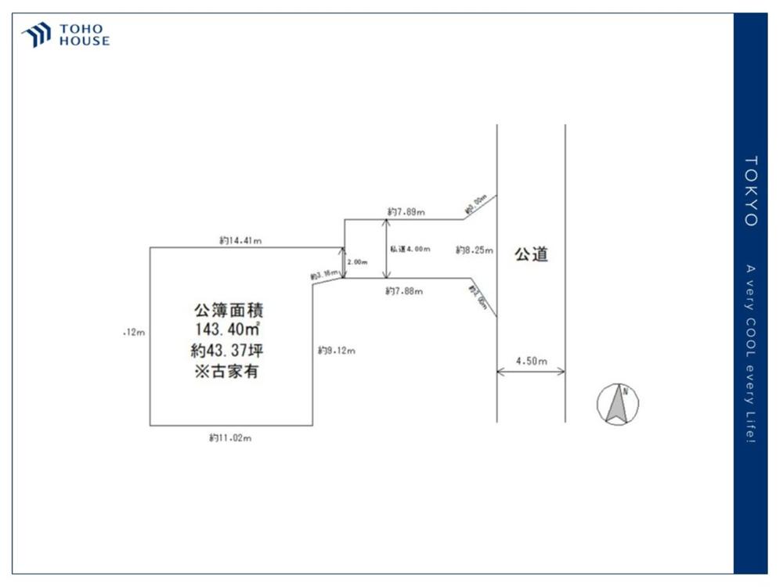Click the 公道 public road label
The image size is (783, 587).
click(x=531, y=254)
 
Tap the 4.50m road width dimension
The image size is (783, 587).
click(x=531, y=361)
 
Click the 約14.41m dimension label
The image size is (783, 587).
click(x=240, y=241)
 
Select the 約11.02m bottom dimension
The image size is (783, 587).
click(x=230, y=438)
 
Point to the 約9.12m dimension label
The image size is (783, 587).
click(x=337, y=351)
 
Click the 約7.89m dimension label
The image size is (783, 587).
click(x=406, y=211)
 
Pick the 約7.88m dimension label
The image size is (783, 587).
click(x=404, y=291)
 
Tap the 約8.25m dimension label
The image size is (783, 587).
click(x=474, y=250)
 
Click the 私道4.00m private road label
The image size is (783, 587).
click(x=410, y=249)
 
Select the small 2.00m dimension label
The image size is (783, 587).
click(x=357, y=262)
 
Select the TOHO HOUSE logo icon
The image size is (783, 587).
click(x=36, y=35)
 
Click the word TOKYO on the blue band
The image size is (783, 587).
click(x=750, y=191)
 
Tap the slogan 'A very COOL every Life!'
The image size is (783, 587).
click(x=750, y=354)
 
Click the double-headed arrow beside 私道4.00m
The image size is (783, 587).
click(x=385, y=249)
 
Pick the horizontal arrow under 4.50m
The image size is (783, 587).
click(x=531, y=373)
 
